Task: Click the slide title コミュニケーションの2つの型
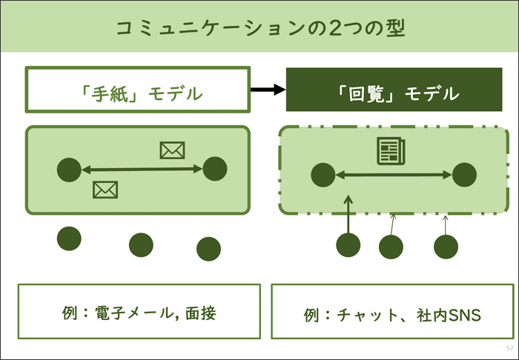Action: (x=259, y=28)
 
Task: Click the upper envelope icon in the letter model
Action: (x=172, y=150)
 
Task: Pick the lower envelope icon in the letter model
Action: (x=105, y=190)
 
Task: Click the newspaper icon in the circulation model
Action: (x=391, y=150)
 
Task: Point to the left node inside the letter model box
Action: (x=69, y=170)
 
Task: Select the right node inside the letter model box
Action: (x=214, y=169)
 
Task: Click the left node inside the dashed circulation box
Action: (x=323, y=176)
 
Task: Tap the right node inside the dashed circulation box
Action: (x=463, y=175)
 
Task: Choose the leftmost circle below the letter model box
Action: (x=69, y=238)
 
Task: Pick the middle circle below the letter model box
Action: (x=141, y=244)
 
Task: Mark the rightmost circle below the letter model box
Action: (x=208, y=249)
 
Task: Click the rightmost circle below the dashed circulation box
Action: (x=446, y=247)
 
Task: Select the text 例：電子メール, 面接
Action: (x=139, y=313)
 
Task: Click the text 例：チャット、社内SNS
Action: (x=392, y=315)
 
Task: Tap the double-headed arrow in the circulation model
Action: (x=393, y=176)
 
